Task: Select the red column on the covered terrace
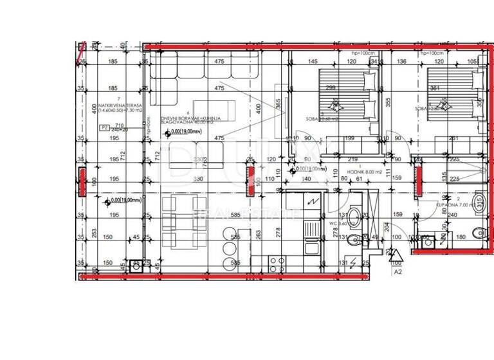tap(82, 181)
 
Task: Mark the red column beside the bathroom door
tap(417, 181)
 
